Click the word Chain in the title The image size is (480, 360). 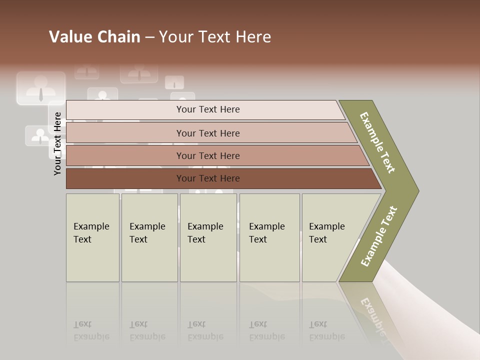pyautogui.click(x=118, y=37)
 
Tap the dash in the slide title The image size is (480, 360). pyautogui.click(x=149, y=37)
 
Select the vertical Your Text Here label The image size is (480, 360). pyautogui.click(x=57, y=143)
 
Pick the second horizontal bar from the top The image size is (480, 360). pyautogui.click(x=207, y=133)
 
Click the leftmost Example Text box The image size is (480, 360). pyautogui.click(x=92, y=237)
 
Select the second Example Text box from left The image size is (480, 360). pyautogui.click(x=149, y=237)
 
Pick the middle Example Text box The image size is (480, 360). pyautogui.click(x=208, y=237)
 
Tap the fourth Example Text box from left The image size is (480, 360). pyautogui.click(x=269, y=237)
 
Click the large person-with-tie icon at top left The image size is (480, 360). pyautogui.click(x=41, y=88)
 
